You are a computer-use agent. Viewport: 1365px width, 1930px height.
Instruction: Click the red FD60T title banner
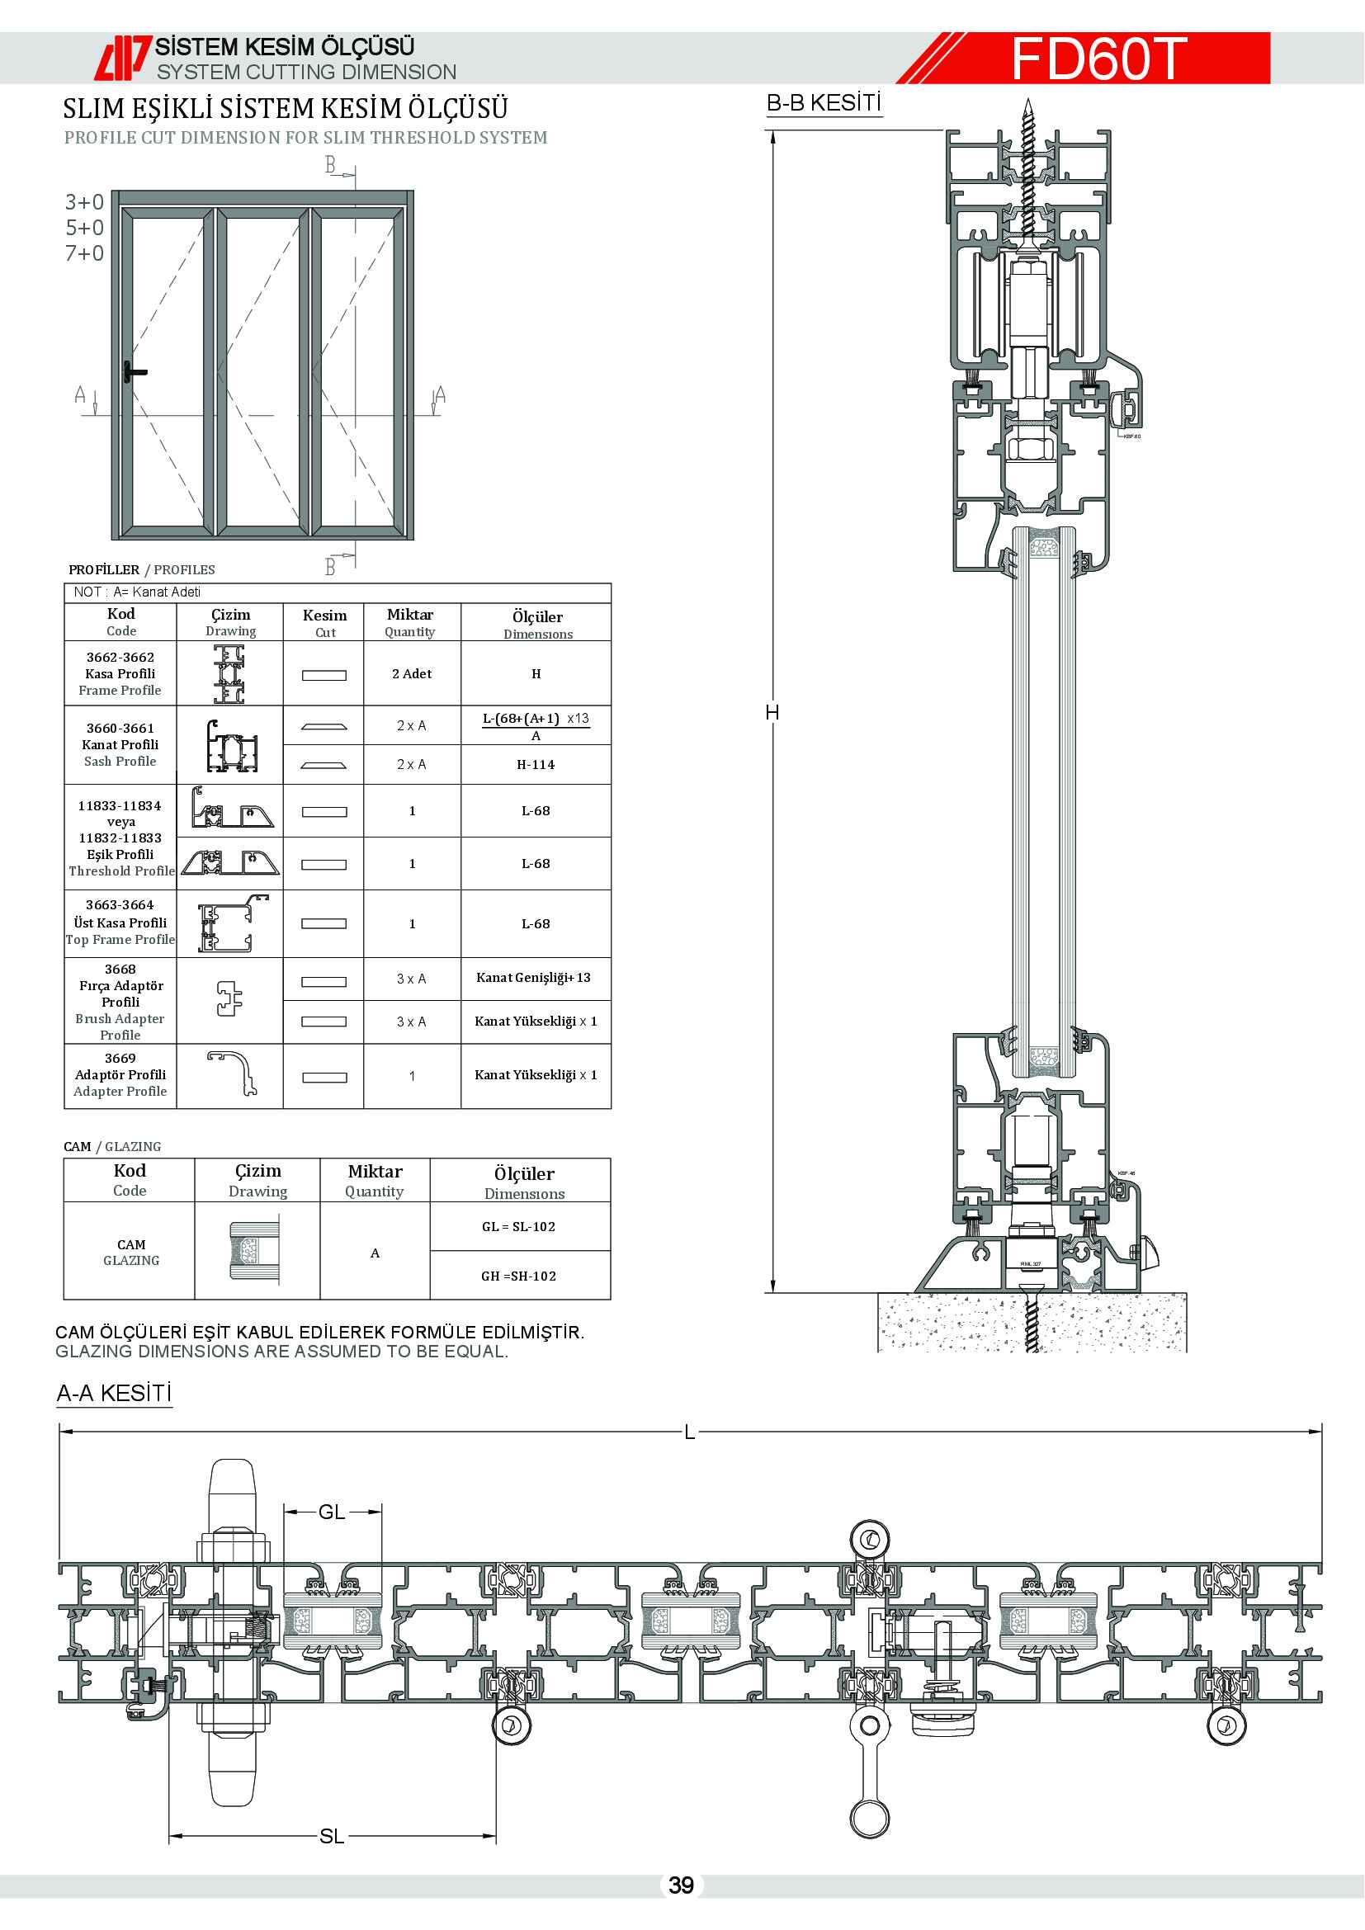pos(1097,58)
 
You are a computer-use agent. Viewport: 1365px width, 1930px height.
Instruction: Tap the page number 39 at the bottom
pos(681,1885)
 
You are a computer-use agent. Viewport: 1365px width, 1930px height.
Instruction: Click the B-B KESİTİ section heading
pos(824,103)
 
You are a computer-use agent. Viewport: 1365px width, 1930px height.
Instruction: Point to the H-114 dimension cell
pos(536,765)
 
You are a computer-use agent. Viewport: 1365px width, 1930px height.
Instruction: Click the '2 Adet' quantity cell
pos(412,674)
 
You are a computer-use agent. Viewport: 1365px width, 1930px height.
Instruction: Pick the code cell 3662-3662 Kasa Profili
pos(120,673)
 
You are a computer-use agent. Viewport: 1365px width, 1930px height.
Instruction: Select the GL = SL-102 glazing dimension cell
pos(518,1226)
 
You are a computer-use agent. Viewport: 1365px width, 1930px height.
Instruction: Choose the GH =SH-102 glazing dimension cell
pos(518,1276)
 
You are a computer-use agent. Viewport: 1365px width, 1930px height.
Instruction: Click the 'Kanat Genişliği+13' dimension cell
pos(534,978)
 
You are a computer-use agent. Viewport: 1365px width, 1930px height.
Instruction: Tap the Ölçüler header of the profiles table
pos(537,623)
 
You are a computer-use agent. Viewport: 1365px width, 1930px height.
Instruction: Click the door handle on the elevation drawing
pos(132,371)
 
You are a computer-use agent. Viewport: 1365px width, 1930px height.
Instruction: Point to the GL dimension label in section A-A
pos(332,1512)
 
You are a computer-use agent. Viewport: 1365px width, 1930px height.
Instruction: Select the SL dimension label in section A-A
pos(332,1837)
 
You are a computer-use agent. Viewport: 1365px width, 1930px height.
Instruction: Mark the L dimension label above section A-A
pos(689,1432)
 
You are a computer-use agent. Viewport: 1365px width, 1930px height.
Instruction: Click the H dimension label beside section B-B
pos(772,713)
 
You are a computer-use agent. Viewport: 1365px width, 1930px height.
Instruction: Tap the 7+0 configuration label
pos(85,253)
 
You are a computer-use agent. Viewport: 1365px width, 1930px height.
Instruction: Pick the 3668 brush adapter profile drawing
pos(229,998)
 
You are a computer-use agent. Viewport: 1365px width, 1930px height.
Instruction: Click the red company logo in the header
pos(122,58)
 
